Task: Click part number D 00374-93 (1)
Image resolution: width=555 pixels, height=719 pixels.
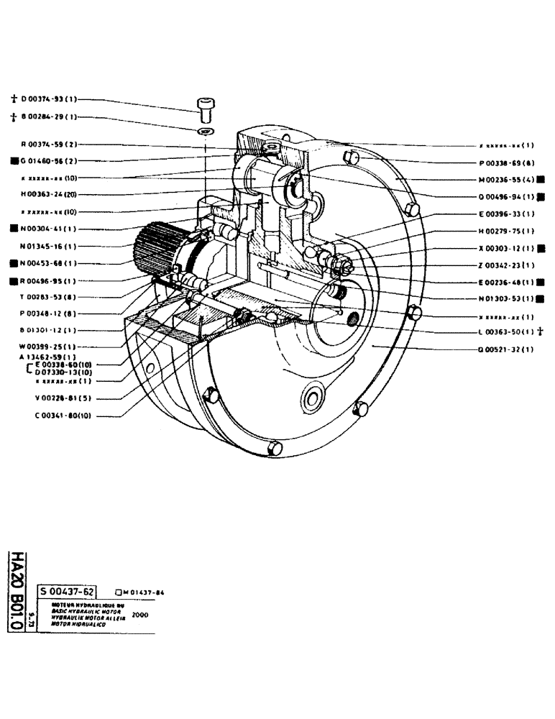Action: [x=47, y=99]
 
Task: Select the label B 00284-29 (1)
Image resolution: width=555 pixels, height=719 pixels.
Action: [x=47, y=117]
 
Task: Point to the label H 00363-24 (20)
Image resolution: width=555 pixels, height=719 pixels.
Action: [x=50, y=194]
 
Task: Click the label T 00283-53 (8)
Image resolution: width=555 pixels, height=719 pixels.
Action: [x=47, y=297]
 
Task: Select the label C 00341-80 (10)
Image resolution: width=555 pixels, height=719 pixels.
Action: [x=50, y=416]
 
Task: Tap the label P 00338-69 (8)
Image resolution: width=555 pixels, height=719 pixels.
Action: [x=503, y=162]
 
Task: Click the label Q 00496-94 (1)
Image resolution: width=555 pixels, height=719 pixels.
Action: [x=503, y=196]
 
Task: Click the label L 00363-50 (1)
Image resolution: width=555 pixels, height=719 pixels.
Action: [x=503, y=332]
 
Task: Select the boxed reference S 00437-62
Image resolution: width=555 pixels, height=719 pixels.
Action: [x=67, y=591]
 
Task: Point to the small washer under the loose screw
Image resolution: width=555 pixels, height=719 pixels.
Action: [x=207, y=132]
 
